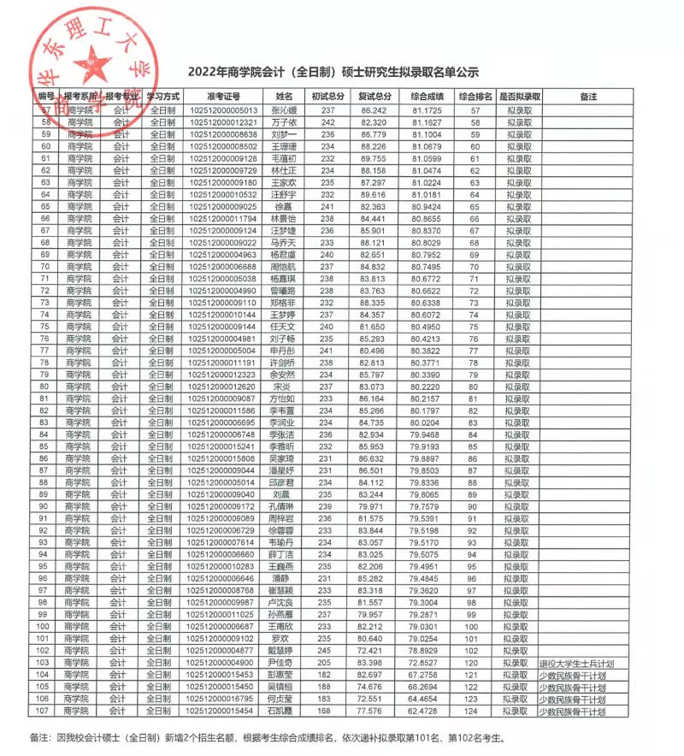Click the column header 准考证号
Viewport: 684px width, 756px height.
[223, 96]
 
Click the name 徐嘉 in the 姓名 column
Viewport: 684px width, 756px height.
[283, 206]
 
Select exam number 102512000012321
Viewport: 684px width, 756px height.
[223, 122]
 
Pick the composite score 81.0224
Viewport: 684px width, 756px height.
[426, 182]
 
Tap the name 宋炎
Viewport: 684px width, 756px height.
[283, 386]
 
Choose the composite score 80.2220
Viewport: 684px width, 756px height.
[426, 386]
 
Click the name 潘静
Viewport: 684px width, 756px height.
[283, 579]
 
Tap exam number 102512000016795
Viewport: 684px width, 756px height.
[223, 699]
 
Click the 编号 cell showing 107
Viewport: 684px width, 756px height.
[46, 711]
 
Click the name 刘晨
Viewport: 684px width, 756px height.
[283, 494]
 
